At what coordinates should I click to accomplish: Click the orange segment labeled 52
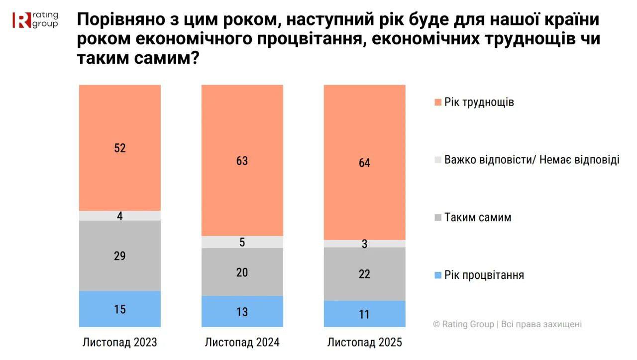click(120, 148)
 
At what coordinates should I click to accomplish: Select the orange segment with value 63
click(242, 160)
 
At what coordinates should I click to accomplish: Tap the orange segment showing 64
click(365, 162)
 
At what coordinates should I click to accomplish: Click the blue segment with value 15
click(120, 309)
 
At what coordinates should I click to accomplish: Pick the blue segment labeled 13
click(242, 312)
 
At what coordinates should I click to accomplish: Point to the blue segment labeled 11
click(365, 314)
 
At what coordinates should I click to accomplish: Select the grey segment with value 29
click(120, 256)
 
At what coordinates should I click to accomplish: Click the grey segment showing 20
click(242, 272)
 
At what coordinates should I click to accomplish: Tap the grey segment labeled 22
click(365, 274)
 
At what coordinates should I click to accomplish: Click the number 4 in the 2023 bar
click(120, 216)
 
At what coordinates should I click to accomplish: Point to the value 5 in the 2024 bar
click(242, 242)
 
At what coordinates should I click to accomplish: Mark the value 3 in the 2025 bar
click(365, 244)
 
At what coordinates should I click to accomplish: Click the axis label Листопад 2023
click(120, 343)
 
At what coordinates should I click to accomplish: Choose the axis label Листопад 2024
click(242, 343)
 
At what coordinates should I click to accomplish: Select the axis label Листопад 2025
click(365, 343)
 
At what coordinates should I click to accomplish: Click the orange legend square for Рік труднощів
click(438, 103)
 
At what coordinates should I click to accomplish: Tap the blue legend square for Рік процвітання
click(438, 275)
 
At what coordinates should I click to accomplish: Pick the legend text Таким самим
click(478, 218)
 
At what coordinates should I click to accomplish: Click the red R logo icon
click(21, 20)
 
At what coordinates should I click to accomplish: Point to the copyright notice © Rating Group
click(507, 324)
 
